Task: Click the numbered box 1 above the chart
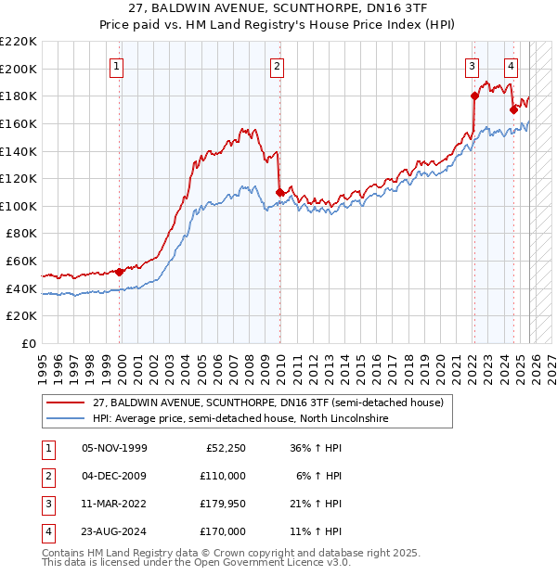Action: pos(117,65)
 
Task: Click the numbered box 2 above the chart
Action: pos(278,65)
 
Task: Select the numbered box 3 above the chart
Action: pos(473,65)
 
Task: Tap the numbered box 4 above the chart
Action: pos(512,65)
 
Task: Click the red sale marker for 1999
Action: pos(120,272)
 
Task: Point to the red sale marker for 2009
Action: pos(279,192)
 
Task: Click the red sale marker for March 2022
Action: pos(473,96)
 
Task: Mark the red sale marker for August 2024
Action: pos(513,109)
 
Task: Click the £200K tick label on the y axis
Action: pos(19,69)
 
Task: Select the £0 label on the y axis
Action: pos(28,344)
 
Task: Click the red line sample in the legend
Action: pos(64,403)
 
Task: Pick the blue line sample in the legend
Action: pos(64,419)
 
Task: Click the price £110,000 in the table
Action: pos(224,476)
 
